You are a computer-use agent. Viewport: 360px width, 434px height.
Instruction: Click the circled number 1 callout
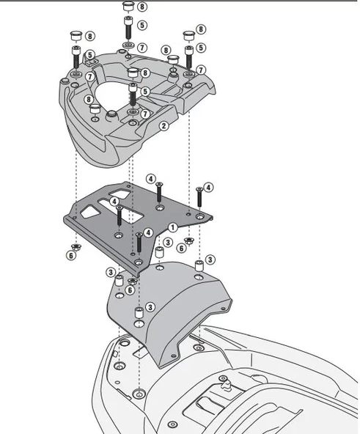point(172,227)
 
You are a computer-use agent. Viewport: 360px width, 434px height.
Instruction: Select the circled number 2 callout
point(164,126)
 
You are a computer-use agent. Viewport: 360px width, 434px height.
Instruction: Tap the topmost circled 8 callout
point(142,7)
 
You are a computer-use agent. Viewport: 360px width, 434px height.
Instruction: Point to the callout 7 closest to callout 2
point(144,114)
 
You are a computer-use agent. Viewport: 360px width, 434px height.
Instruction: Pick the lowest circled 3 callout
point(150,307)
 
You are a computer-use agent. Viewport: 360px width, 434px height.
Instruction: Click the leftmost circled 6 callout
point(70,255)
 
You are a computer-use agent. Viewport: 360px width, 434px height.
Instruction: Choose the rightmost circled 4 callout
point(209,188)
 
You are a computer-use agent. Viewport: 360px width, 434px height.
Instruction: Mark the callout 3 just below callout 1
point(168,243)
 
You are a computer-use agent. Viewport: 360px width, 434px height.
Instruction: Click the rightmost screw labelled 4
point(198,199)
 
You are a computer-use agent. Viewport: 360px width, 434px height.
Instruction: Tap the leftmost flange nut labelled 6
point(78,246)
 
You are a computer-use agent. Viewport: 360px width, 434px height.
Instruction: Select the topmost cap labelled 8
point(126,7)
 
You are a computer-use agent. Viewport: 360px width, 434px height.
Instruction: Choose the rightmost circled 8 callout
point(201,30)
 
